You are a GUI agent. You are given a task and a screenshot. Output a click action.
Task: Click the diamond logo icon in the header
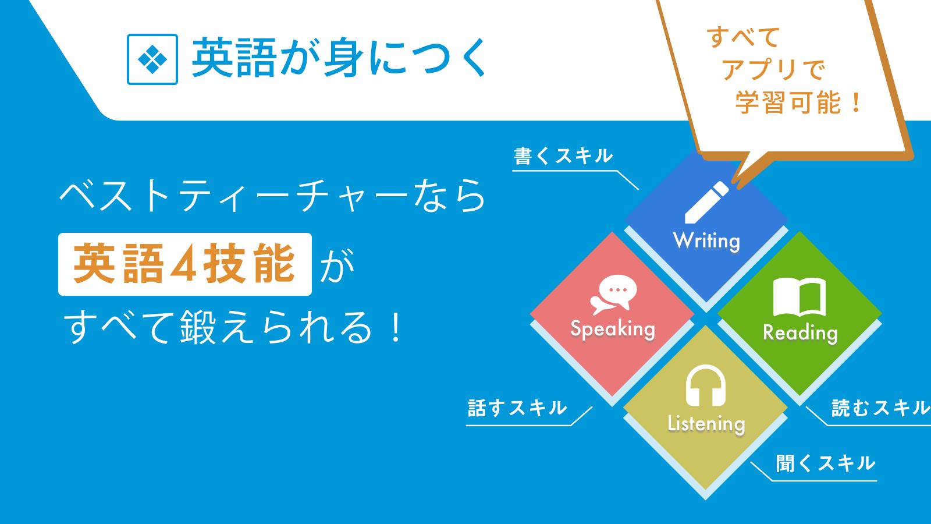[x=152, y=59]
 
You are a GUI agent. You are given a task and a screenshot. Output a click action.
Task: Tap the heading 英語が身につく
[x=339, y=58]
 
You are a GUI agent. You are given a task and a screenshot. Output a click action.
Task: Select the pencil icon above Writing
[x=706, y=202]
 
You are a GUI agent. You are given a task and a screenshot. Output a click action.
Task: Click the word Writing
[x=706, y=241]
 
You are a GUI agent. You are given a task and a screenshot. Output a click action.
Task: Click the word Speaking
[x=613, y=329]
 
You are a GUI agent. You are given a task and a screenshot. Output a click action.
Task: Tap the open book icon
[x=799, y=297]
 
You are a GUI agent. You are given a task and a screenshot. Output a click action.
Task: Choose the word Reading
[x=800, y=332]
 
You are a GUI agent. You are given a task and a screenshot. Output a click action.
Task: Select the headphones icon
[x=705, y=385]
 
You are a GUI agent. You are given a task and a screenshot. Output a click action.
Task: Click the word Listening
[x=706, y=424]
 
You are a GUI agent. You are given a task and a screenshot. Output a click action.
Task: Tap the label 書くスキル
[x=563, y=156]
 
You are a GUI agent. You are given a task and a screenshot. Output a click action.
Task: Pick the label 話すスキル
[x=517, y=408]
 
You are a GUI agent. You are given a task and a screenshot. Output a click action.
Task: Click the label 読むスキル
[x=881, y=408]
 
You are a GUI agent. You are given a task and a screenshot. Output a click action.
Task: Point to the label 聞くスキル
[x=826, y=463]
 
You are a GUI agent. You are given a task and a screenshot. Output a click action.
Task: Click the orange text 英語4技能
[x=184, y=264]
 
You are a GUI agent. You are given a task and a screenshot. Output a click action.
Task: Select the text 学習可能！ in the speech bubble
[x=798, y=102]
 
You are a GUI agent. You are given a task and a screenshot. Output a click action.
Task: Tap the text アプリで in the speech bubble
[x=773, y=69]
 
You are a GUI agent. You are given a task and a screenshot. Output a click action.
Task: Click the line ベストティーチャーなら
[x=273, y=196]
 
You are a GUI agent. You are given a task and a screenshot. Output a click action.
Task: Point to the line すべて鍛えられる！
[x=233, y=327]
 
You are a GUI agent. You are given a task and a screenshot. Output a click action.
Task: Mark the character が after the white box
[x=337, y=265]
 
